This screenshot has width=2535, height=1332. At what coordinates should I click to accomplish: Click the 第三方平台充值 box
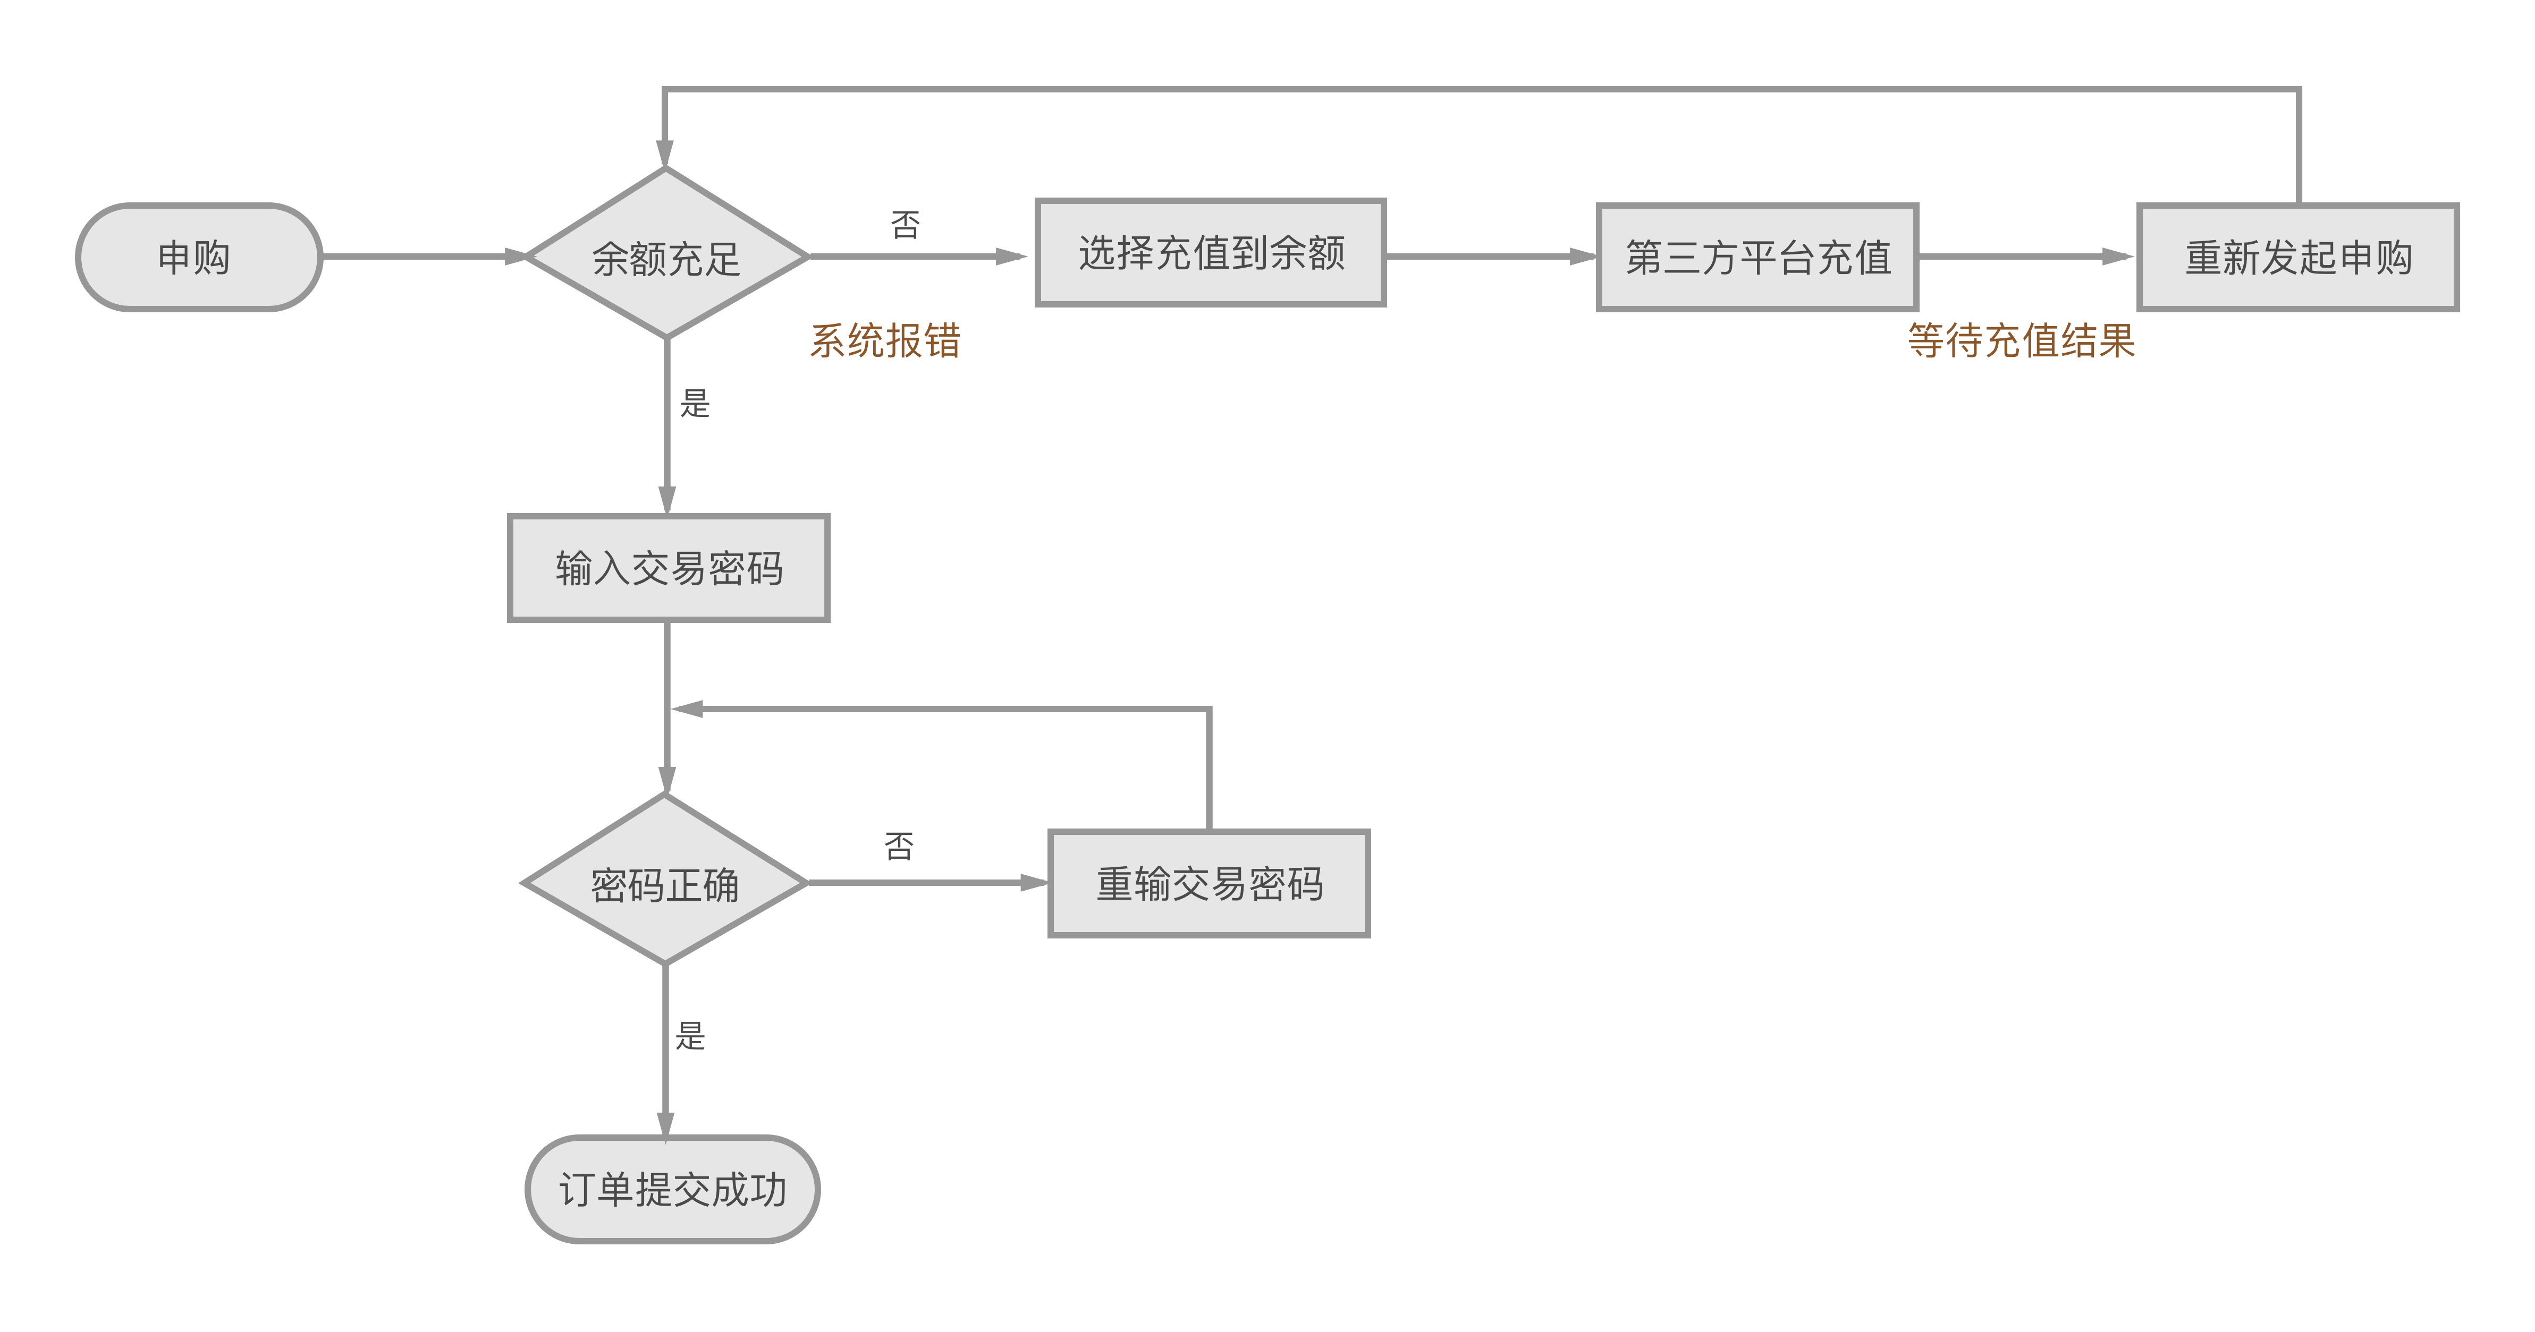(1757, 258)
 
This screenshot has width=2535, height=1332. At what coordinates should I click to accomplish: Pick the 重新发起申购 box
(2298, 258)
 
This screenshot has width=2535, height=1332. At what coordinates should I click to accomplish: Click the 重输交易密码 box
(1210, 883)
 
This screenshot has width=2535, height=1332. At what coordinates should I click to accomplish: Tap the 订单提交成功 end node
(673, 1189)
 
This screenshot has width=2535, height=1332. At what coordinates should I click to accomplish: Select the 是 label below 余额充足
(695, 403)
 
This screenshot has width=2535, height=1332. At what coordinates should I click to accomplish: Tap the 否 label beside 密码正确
(899, 846)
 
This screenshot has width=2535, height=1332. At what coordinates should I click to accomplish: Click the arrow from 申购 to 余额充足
(423, 257)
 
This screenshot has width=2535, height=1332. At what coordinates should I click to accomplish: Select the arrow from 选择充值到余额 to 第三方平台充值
(1491, 257)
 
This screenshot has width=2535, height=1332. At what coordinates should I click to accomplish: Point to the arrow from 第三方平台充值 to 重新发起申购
(2027, 257)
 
